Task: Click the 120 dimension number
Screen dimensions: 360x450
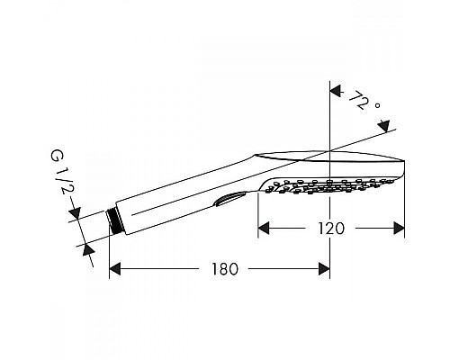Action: click(331, 229)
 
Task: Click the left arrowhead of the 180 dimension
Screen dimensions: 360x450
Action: click(115, 268)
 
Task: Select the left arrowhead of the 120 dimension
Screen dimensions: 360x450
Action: click(264, 229)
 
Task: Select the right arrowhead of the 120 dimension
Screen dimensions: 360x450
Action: click(399, 229)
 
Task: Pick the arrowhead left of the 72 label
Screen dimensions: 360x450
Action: click(336, 90)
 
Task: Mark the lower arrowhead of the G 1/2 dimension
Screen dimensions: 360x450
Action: click(88, 248)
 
